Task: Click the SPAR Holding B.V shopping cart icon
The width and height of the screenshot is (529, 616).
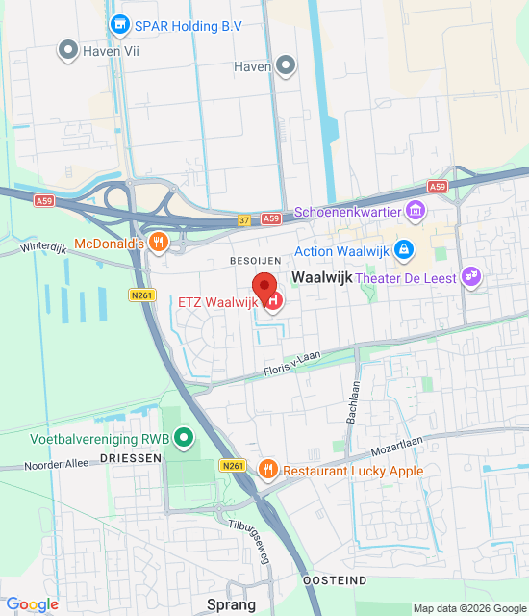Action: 120,24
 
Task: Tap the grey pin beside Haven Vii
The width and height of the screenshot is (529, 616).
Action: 67,50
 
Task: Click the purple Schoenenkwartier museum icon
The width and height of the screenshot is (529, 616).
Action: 416,210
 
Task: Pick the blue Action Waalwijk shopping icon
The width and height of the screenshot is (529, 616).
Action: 404,251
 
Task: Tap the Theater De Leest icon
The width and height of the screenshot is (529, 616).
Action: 471,278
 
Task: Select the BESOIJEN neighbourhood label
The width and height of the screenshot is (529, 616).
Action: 254,261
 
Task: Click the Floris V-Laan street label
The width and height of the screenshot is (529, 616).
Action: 293,364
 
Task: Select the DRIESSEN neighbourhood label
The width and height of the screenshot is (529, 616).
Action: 130,459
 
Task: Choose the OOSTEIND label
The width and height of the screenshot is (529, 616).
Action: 334,581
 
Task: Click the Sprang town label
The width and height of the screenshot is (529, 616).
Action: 232,604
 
